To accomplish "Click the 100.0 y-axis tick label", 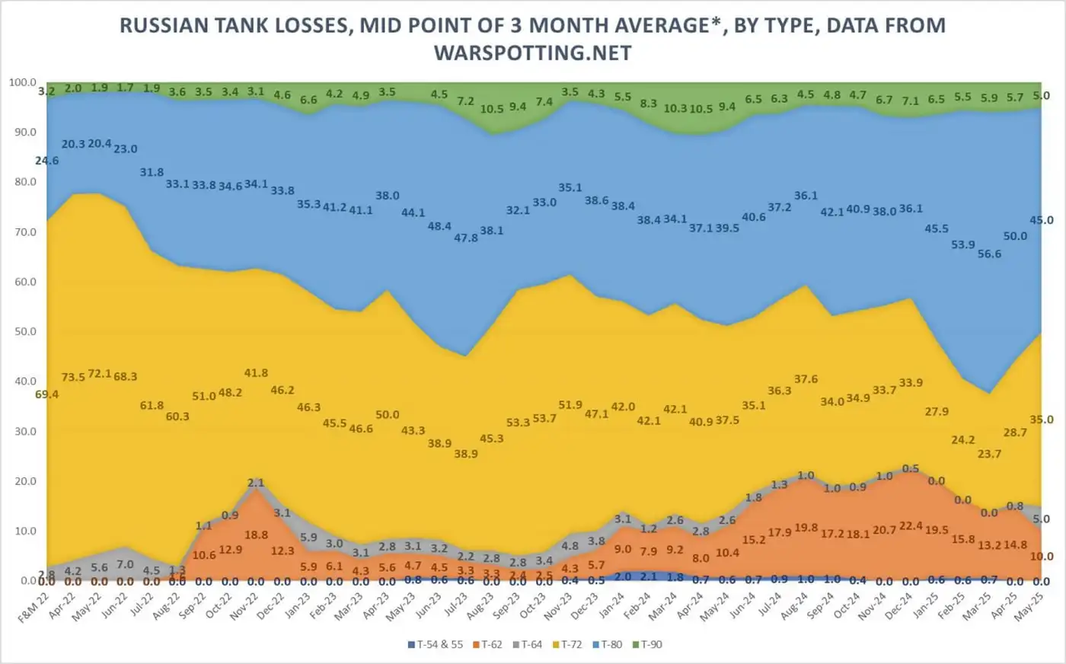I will point(22,82).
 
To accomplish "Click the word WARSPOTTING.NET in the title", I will point(532,53).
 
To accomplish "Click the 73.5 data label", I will point(74,378).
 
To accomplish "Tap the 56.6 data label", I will point(990,254).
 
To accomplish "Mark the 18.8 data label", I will point(256,535).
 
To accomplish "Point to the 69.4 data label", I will point(47,394).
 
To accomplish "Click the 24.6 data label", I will point(47,161).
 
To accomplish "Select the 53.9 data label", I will point(963,244).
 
